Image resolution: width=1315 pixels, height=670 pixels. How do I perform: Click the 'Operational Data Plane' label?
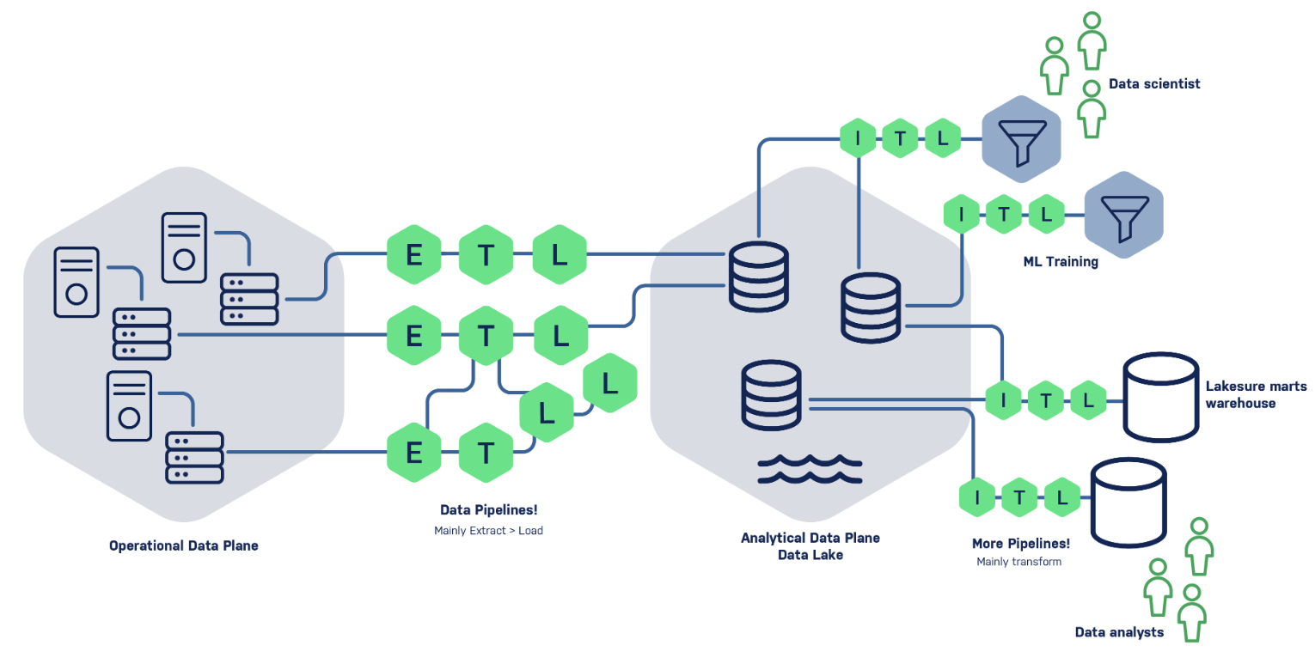click(183, 545)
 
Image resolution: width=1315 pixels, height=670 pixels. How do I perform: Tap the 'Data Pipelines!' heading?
click(488, 509)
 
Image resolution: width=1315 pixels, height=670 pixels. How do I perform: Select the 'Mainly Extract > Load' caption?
click(488, 530)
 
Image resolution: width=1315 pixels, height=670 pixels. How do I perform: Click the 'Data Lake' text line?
click(810, 555)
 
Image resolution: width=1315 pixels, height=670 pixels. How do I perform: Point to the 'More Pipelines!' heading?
click(1020, 544)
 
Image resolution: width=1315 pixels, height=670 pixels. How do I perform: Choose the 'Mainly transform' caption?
click(1018, 562)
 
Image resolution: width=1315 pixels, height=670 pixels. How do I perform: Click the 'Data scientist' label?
click(1153, 83)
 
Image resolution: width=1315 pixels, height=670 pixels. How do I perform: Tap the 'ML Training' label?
click(1060, 261)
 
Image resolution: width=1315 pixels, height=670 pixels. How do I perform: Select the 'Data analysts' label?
click(1119, 632)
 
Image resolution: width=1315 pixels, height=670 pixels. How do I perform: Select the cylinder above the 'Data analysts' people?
click(1128, 501)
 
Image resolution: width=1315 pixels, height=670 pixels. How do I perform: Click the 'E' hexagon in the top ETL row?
click(413, 254)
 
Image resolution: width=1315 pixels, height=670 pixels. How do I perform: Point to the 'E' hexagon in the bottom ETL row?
click(413, 451)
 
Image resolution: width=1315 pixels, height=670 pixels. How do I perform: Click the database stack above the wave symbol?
click(771, 395)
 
